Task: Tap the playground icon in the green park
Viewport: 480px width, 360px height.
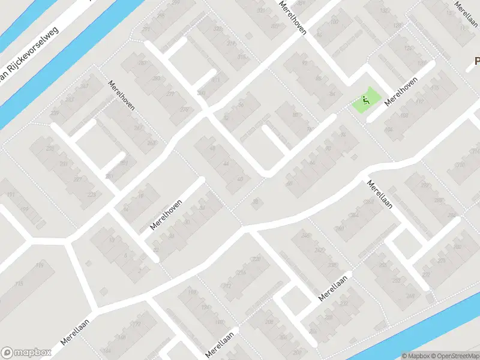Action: tap(365, 100)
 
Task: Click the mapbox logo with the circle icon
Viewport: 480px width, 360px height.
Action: tap(25, 353)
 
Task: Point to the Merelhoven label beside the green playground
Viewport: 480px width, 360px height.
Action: tap(401, 94)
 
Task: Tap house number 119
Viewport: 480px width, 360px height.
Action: tap(40, 266)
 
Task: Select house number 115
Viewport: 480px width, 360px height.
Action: tap(19, 284)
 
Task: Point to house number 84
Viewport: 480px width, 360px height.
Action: tap(332, 94)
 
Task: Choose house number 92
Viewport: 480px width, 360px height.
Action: tap(304, 63)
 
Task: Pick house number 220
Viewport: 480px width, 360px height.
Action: tap(257, 259)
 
